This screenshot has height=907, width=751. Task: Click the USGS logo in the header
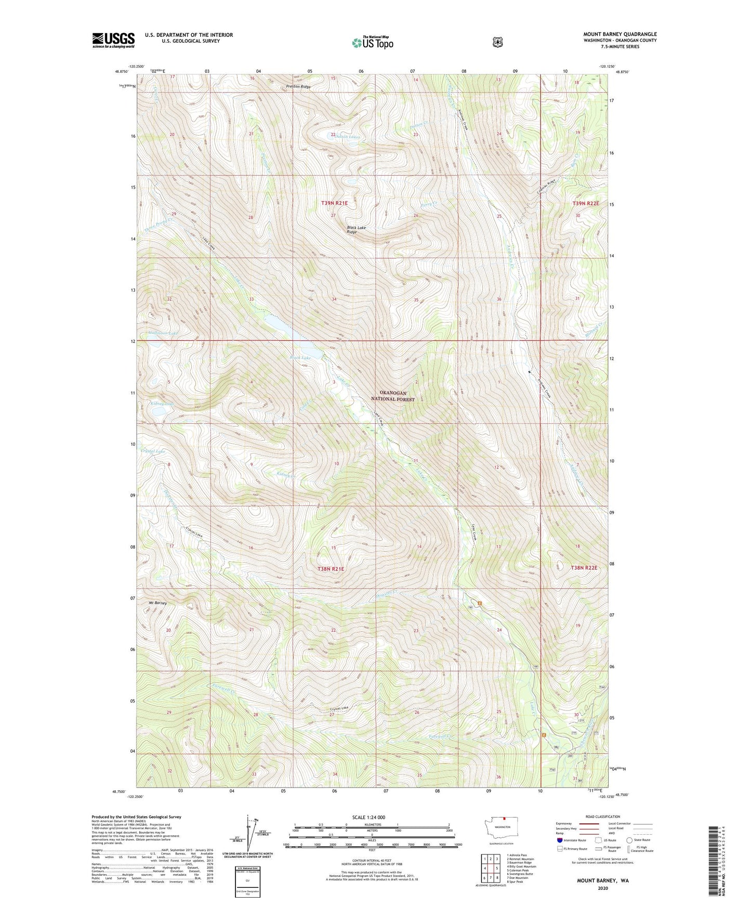(113, 40)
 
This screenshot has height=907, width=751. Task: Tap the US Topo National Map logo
(372, 43)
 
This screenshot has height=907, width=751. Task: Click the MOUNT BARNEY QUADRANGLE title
(620, 34)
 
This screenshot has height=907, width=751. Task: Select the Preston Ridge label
(298, 87)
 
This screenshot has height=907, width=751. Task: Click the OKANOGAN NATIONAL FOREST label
(392, 396)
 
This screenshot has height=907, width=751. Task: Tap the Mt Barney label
(157, 603)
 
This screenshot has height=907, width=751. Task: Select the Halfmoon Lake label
(163, 333)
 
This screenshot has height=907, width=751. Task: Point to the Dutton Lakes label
(347, 137)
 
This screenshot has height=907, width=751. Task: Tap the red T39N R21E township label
(335, 204)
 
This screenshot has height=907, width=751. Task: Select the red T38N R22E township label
(585, 568)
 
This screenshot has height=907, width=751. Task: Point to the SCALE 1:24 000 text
(368, 817)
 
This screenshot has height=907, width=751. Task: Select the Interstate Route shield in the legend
(559, 840)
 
